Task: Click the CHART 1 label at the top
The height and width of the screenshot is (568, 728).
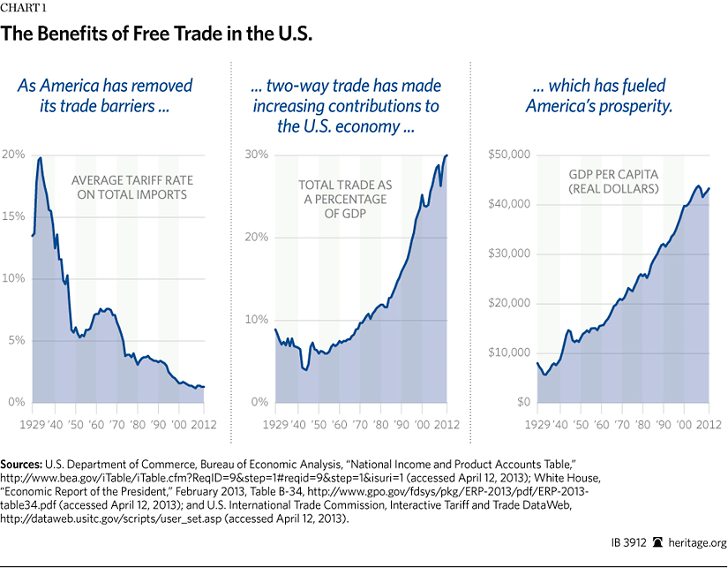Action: point(24,11)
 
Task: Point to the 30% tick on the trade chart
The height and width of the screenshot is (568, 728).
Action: point(256,155)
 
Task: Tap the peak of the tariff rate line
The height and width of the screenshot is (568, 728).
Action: point(41,158)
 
